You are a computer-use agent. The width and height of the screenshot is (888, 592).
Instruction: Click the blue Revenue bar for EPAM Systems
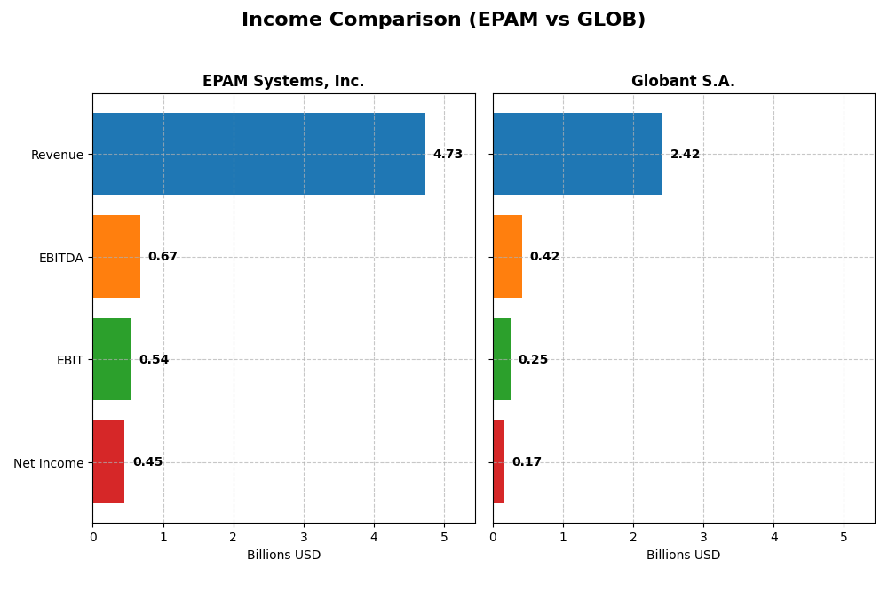(x=258, y=154)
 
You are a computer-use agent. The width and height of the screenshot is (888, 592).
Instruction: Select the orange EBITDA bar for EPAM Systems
(x=116, y=257)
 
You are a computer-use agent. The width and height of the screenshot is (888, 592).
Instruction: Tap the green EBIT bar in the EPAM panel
(x=112, y=359)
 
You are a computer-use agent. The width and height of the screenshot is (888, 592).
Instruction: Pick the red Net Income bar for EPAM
(x=108, y=462)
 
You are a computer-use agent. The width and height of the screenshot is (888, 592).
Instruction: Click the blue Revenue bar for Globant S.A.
(x=577, y=154)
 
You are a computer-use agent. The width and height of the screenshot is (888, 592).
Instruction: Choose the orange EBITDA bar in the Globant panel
(x=507, y=257)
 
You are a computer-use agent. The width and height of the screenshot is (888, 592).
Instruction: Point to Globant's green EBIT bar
(x=502, y=359)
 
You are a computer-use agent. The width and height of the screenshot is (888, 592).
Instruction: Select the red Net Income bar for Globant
(x=499, y=462)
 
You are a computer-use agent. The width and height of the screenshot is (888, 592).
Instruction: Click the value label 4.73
(x=448, y=155)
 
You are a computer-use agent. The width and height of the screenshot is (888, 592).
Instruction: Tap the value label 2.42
(x=685, y=155)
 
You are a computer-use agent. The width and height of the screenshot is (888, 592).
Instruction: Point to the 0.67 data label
(x=163, y=257)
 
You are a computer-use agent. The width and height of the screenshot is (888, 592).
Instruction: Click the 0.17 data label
(x=527, y=462)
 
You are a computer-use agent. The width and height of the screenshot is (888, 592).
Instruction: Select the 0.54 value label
(x=154, y=360)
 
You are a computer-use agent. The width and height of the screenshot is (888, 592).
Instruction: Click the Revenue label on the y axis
(x=57, y=156)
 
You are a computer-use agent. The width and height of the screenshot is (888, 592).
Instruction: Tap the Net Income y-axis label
(x=48, y=463)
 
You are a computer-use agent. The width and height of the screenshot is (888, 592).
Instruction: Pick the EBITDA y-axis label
(x=60, y=258)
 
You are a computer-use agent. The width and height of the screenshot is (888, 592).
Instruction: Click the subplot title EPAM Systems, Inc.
(x=283, y=82)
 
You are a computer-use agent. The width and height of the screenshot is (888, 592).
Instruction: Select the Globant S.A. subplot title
(x=683, y=82)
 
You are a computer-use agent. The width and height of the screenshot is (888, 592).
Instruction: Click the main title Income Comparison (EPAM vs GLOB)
(x=443, y=20)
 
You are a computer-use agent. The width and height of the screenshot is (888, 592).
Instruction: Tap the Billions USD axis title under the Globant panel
(x=683, y=556)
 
